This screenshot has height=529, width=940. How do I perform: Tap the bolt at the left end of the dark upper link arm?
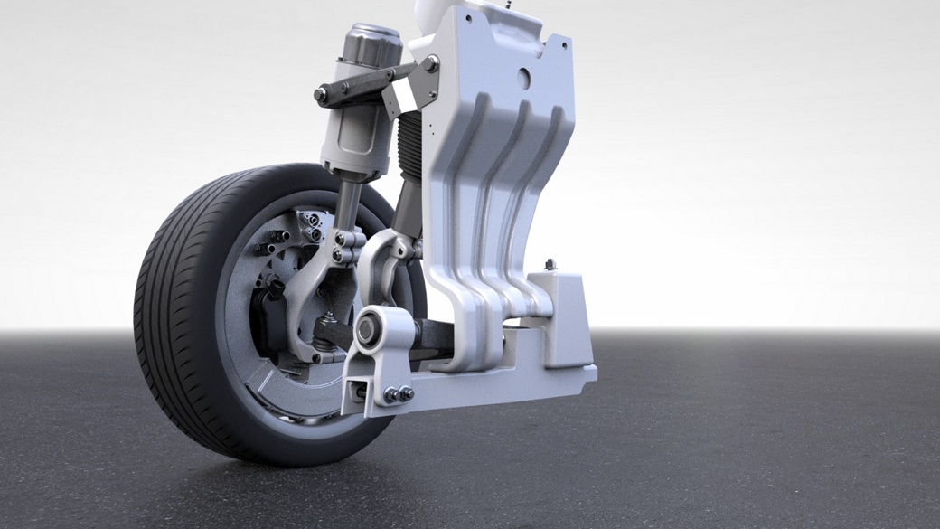coord(321,94)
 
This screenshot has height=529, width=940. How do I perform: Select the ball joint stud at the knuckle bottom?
coord(328,321)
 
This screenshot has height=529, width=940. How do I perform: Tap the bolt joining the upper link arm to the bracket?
coord(431,64)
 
